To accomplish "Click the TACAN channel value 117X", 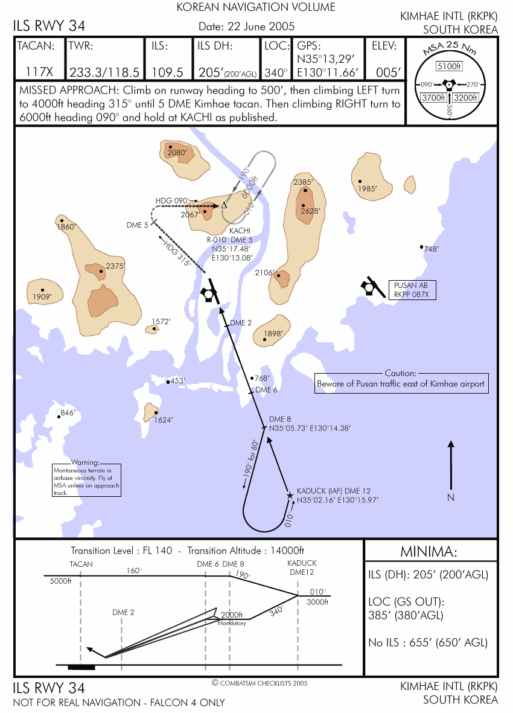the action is point(39,72).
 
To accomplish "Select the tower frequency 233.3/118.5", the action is point(104,72).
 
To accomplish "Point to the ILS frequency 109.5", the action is point(167,72).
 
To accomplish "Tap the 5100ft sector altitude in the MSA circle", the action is point(449,66).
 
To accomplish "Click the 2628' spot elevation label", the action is point(310,211).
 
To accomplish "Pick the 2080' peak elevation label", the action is point(177,152).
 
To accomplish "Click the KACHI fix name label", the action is point(240,231).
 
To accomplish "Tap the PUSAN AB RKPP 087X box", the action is point(412,290).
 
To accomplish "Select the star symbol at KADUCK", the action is point(290,495).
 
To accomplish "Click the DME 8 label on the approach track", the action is point(280,419).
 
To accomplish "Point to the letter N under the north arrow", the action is point(451,497).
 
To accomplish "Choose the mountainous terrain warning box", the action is point(86,480).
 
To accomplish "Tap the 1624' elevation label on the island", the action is point(164,420).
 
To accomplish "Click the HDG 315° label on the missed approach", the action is point(177,254).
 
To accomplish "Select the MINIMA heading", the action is point(428,552).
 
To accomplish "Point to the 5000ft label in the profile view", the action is point(60,581).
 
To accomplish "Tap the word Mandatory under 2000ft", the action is point(231,623).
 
